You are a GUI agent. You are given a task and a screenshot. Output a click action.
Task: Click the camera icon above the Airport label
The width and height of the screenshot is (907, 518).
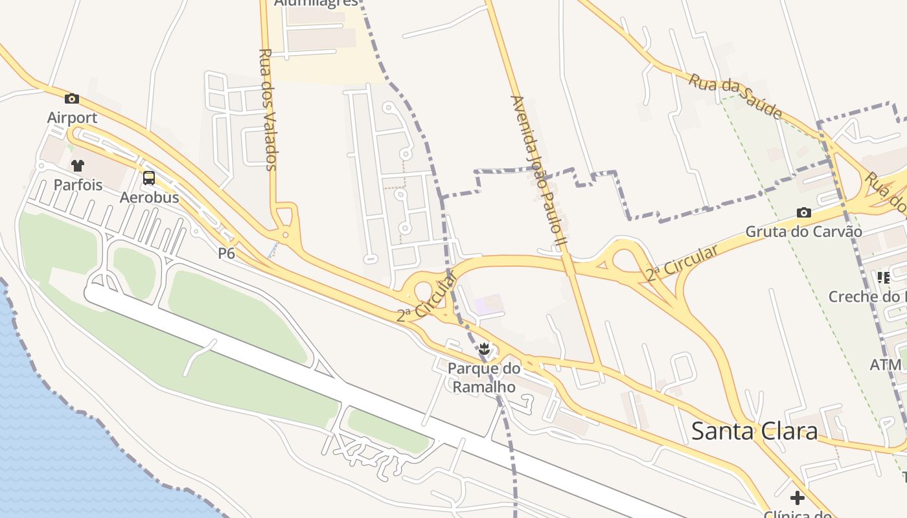point(72,99)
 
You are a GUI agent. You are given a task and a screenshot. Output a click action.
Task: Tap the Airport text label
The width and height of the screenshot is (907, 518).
point(72,118)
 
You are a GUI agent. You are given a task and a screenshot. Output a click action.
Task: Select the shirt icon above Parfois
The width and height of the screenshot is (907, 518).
point(78,166)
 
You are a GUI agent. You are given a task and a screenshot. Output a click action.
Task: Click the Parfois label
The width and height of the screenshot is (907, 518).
point(78,185)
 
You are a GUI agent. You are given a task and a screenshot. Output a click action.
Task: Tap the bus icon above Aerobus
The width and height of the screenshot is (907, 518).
point(149,178)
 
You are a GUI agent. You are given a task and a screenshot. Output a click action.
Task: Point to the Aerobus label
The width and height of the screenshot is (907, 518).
point(149,197)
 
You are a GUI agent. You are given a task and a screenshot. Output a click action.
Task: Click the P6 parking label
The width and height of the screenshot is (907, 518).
point(226,254)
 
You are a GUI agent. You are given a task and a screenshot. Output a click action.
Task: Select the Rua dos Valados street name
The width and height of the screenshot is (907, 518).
point(268,109)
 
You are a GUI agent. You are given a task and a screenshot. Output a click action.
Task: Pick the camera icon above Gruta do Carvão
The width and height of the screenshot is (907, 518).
point(803,212)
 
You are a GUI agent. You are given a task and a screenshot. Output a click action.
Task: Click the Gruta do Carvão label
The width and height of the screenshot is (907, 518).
point(803,232)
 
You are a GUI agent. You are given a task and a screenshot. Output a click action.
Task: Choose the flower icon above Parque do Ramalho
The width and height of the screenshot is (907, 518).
point(483,350)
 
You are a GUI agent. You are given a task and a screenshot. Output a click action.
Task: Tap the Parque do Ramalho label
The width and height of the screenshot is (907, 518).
point(483,378)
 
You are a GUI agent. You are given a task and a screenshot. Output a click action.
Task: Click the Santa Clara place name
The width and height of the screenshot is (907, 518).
point(754,431)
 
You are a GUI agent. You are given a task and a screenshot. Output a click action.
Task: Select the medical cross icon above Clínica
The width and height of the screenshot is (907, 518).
point(798,498)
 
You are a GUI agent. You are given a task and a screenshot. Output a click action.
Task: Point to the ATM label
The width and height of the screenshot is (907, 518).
point(885,365)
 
